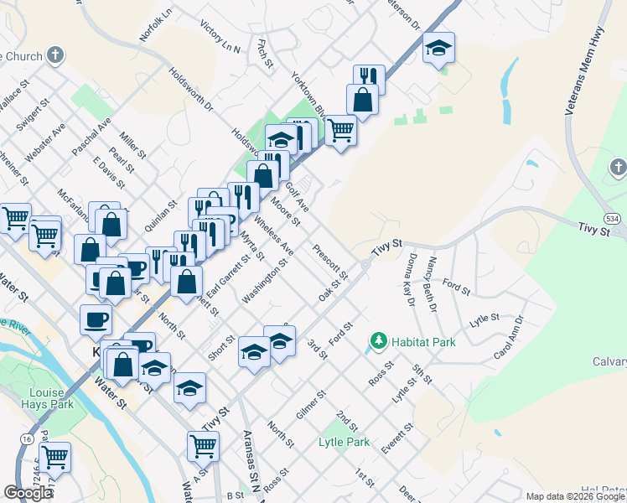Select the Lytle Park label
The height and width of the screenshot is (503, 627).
[344, 442]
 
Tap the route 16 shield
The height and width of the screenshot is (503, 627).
[28, 438]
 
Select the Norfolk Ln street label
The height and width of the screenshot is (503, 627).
[157, 25]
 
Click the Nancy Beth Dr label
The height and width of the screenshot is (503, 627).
[433, 285]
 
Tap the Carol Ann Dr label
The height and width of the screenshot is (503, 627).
[509, 338]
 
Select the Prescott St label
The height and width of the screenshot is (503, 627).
[330, 262]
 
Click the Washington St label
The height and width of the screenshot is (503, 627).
[265, 282]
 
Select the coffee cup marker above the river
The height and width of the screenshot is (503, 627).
[96, 319]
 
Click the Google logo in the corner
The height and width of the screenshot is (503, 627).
[28, 493]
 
